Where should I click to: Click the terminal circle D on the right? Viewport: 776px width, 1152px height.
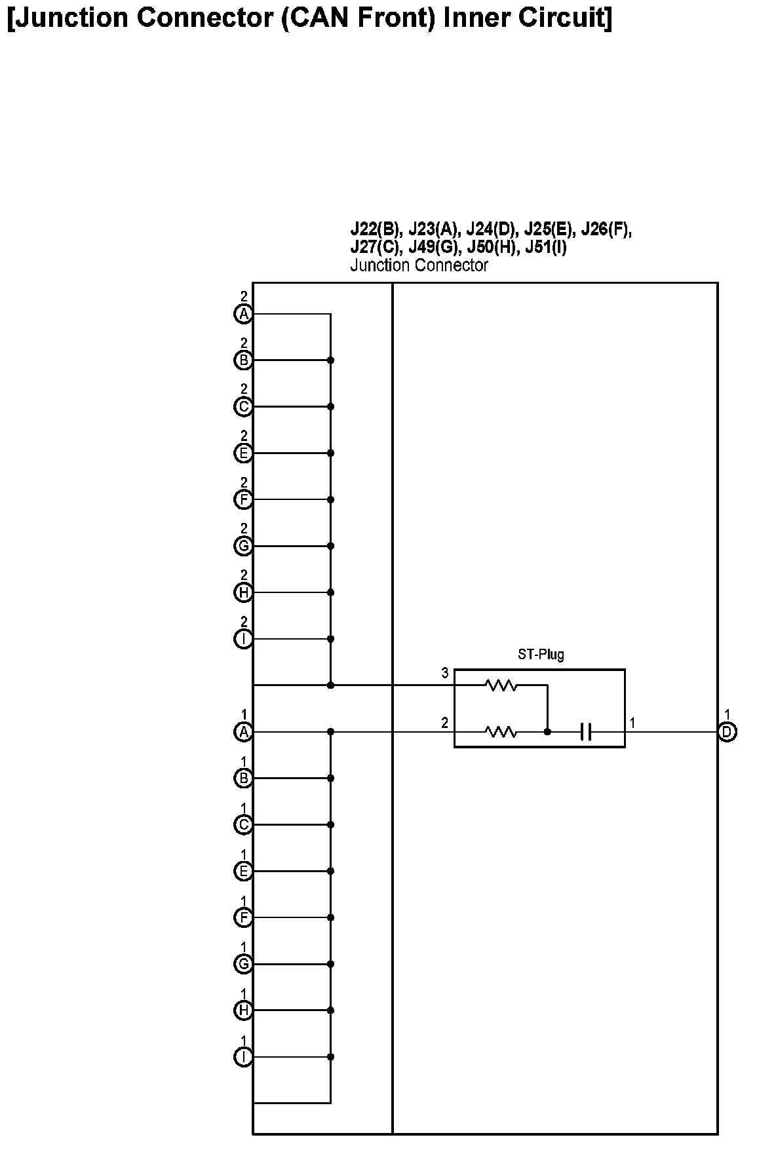(727, 732)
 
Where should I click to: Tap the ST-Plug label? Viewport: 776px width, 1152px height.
(541, 654)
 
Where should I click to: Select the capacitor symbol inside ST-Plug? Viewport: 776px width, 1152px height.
(586, 732)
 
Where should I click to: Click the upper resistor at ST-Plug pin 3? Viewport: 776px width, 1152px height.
(501, 685)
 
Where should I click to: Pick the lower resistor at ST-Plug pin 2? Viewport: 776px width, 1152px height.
(501, 732)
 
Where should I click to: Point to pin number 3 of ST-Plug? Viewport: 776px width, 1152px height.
(445, 674)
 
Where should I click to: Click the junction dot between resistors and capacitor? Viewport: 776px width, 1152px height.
(547, 732)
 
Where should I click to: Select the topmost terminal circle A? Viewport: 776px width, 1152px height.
(243, 315)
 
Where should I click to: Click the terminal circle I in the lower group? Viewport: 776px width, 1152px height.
(243, 1057)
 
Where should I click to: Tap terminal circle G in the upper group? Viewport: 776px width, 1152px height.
(243, 546)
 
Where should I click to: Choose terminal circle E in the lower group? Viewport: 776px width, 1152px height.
(243, 871)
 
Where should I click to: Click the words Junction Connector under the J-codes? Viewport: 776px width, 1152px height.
(419, 265)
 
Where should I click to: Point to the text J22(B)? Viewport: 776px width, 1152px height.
(374, 230)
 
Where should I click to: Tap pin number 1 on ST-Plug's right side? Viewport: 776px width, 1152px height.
(632, 723)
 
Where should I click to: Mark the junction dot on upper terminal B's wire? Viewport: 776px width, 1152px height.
(330, 360)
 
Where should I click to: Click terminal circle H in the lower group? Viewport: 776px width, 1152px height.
(243, 1010)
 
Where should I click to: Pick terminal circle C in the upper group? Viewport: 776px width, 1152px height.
(243, 407)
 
